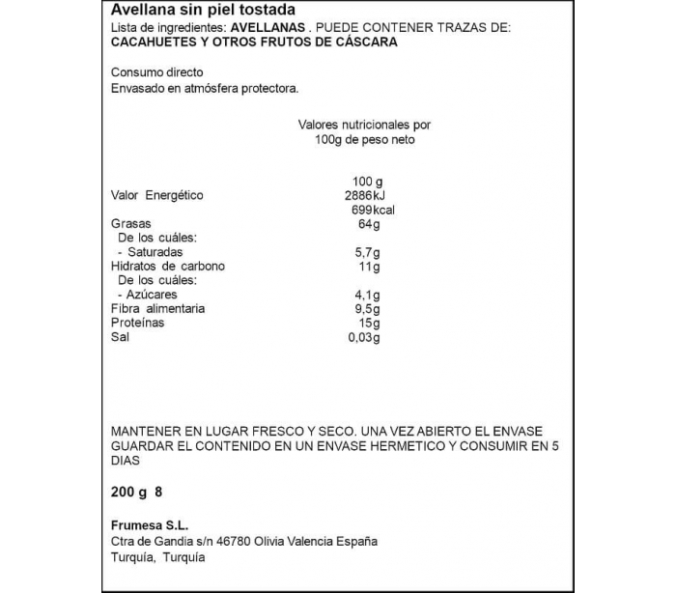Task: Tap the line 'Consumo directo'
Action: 157,72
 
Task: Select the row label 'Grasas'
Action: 131,224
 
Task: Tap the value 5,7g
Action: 368,252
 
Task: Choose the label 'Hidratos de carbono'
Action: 168,267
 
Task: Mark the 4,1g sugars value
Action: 368,295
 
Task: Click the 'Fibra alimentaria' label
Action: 158,309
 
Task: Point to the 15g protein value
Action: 369,323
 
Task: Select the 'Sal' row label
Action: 121,337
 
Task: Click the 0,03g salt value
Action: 364,337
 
